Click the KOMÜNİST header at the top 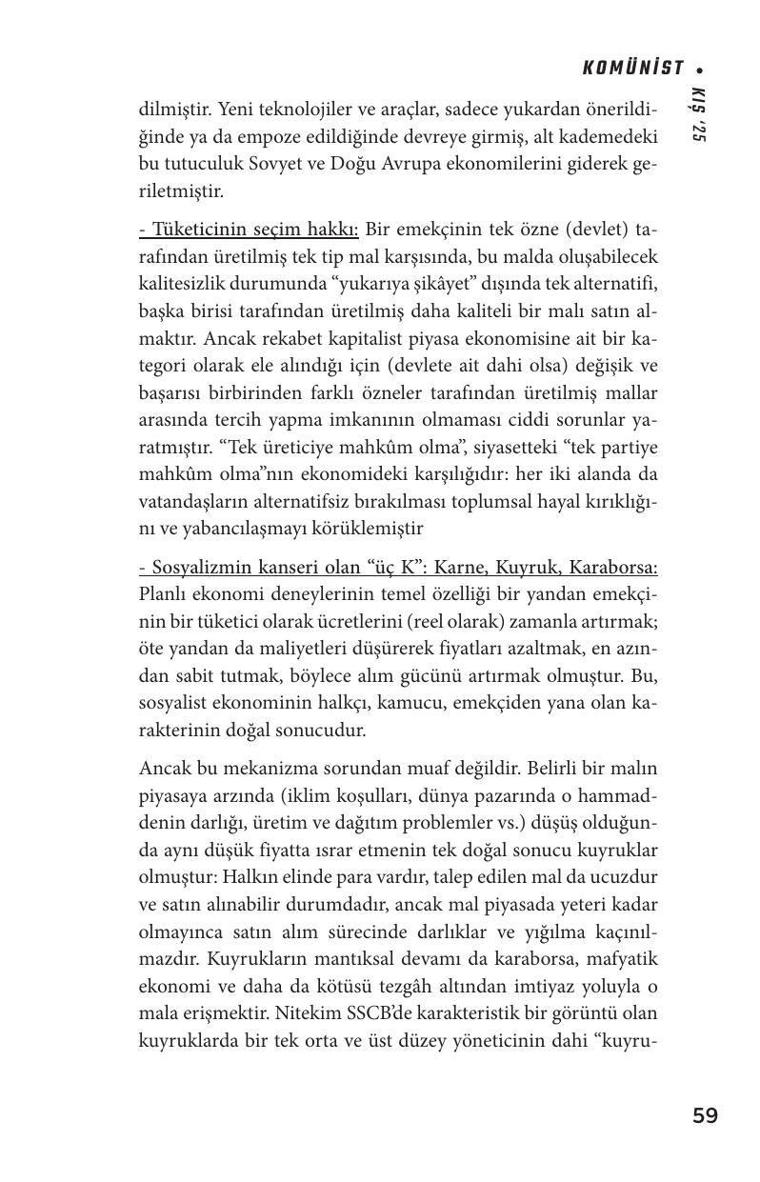point(632,69)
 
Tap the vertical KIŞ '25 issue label point(698,115)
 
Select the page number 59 point(705,1115)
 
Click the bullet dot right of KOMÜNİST point(700,70)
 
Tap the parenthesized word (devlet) point(589,230)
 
